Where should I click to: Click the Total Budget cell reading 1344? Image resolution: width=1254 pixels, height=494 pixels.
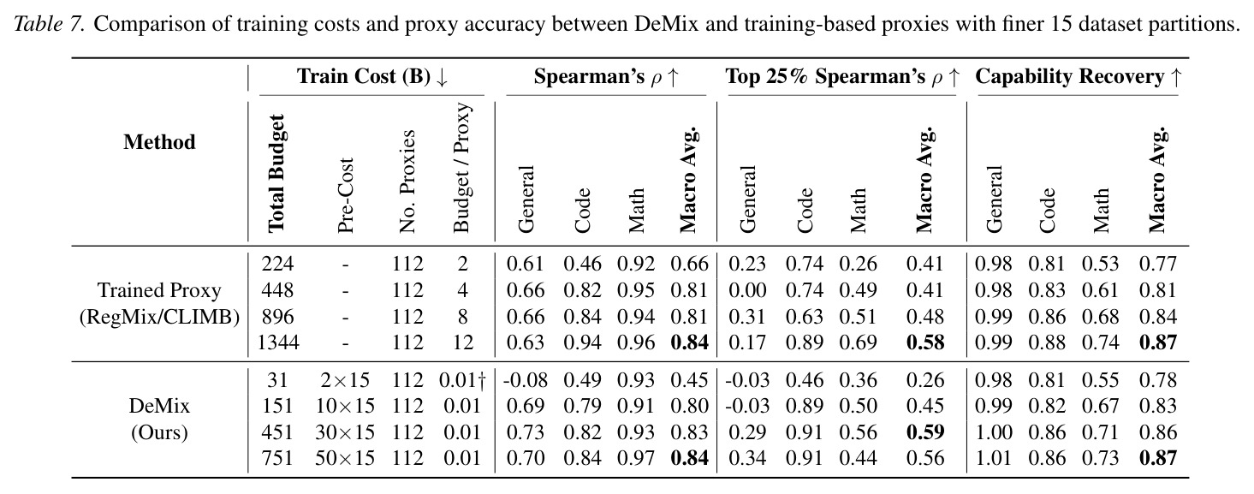tap(278, 342)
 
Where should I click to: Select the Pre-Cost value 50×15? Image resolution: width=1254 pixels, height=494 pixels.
tap(345, 458)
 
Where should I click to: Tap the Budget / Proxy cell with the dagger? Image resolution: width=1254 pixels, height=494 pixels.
tap(462, 380)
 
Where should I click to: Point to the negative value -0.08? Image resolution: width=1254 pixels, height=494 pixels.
tap(525, 380)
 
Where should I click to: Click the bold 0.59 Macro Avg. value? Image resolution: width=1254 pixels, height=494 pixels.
tap(925, 432)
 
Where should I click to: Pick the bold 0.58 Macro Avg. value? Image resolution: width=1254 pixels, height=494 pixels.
tap(925, 342)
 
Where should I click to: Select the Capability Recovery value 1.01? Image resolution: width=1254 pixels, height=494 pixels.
tap(994, 458)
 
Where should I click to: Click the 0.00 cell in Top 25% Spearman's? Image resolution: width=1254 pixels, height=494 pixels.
tap(747, 290)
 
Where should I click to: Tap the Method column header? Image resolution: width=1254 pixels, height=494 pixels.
tap(159, 142)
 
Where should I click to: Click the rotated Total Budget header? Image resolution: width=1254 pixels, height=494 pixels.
tap(276, 174)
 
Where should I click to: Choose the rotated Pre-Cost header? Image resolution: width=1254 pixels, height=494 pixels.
tap(346, 195)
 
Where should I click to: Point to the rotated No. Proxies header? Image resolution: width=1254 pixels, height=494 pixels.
tap(407, 182)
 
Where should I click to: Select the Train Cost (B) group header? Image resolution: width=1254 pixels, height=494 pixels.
tap(373, 77)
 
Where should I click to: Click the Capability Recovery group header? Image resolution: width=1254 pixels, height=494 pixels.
tap(1079, 77)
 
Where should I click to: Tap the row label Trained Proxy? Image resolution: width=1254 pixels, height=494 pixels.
tap(159, 291)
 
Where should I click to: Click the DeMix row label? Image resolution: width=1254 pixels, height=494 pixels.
tap(159, 406)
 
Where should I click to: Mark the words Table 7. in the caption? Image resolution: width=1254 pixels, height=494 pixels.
tap(50, 24)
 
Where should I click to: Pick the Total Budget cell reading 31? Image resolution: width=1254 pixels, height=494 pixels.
tap(277, 380)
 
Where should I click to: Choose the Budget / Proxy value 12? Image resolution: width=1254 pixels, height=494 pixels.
tap(463, 342)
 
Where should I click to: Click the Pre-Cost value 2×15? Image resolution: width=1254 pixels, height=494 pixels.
tap(346, 380)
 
